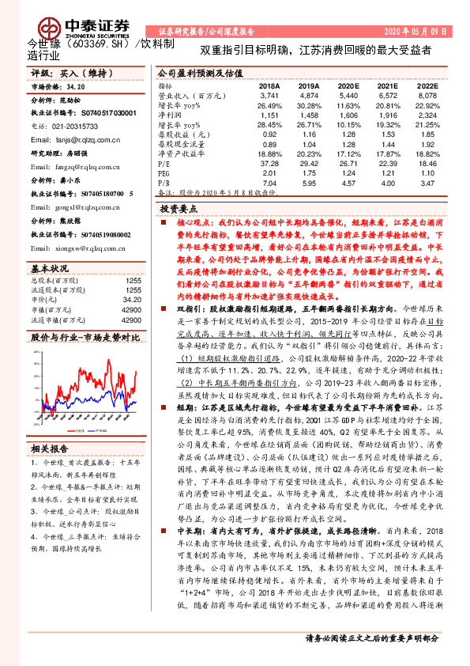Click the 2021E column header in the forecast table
pyautogui.click(x=387, y=85)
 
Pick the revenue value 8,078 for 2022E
pyautogui.click(x=427, y=94)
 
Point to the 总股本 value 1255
pyautogui.click(x=133, y=281)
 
